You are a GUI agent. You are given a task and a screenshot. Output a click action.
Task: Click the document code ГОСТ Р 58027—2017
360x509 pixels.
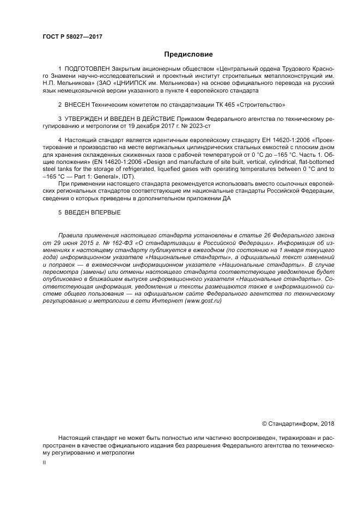coord(72,36)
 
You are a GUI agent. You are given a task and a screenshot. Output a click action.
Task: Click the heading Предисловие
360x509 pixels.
coord(188,54)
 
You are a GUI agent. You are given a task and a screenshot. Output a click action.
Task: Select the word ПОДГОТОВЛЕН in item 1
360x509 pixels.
coord(88,70)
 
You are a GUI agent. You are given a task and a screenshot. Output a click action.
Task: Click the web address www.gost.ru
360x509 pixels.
coord(203,301)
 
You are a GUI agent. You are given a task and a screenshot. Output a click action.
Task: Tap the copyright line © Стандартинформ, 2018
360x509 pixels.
coord(298,424)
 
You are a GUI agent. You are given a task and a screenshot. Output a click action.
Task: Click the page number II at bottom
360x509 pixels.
coord(44,462)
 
